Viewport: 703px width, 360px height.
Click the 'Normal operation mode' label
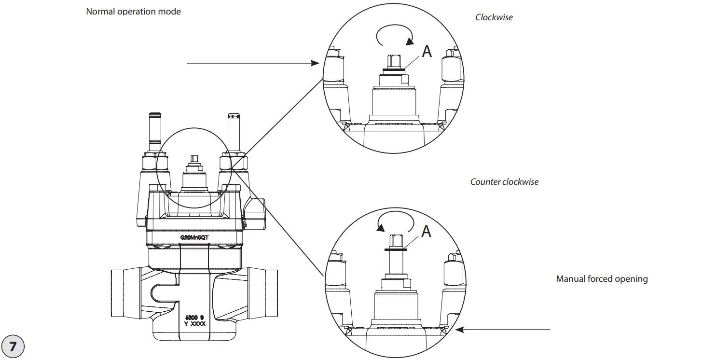[x=133, y=11]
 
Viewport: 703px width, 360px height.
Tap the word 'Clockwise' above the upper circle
[x=494, y=17]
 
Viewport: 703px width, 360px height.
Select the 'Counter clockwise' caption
[x=504, y=182]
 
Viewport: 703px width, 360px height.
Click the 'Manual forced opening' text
[x=602, y=279]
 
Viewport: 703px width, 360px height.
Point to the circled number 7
[x=13, y=346]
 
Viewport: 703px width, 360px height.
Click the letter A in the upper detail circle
[x=427, y=51]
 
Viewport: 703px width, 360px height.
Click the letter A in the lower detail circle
[x=426, y=232]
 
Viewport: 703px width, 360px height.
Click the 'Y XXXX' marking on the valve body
[x=194, y=324]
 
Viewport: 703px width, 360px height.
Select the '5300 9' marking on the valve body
[x=194, y=317]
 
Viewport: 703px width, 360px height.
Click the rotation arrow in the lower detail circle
[x=395, y=223]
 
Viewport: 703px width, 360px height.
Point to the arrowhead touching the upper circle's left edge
[x=316, y=63]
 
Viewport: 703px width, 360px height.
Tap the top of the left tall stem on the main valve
[x=154, y=116]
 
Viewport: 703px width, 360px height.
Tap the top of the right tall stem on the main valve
[x=233, y=116]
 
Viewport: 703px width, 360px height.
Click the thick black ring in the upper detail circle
[x=393, y=70]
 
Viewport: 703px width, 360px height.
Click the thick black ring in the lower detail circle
[x=395, y=250]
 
